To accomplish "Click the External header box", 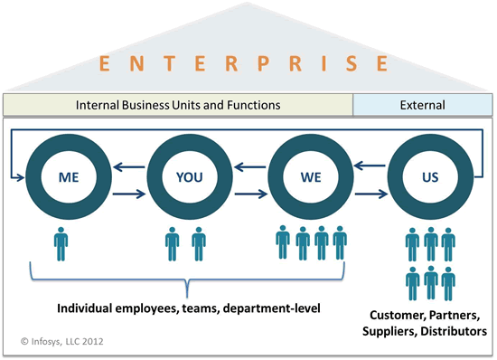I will click(422, 105).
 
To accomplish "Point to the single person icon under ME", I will click(61, 243).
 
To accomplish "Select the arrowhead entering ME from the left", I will click(19, 179).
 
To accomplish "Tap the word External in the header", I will click(422, 105).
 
